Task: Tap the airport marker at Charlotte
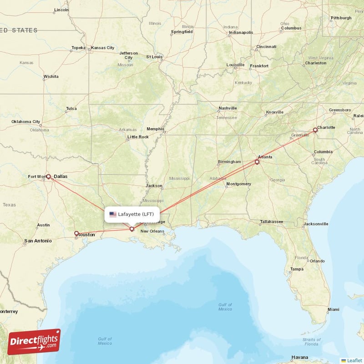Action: tap(315, 130)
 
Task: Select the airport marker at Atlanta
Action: tap(257, 162)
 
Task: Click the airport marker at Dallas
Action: tap(48, 177)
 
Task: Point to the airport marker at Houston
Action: tap(76, 233)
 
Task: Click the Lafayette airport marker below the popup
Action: tap(132, 229)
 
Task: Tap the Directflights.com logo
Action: tap(34, 342)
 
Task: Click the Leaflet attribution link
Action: tap(354, 360)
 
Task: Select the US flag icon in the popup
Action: tap(113, 214)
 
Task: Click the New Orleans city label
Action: tap(152, 232)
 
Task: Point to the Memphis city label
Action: tap(155, 129)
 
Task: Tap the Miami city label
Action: tap(333, 309)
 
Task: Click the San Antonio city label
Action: tap(38, 240)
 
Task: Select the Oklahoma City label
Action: tap(26, 121)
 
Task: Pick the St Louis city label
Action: tap(154, 57)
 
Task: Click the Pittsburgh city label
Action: tap(341, 18)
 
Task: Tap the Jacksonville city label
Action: tap(316, 224)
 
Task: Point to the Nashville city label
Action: tap(227, 108)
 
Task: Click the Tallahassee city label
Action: tap(271, 222)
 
